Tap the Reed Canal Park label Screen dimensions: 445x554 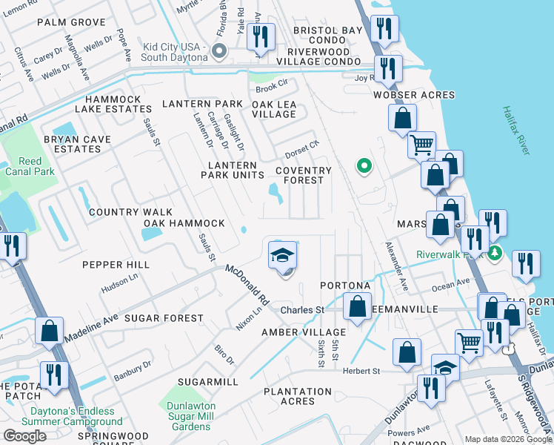click(x=30, y=166)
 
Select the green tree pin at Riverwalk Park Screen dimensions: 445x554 click(x=495, y=254)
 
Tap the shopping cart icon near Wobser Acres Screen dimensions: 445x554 click(x=421, y=145)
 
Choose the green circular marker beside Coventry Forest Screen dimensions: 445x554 click(x=363, y=166)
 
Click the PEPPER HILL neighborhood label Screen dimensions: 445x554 click(x=116, y=265)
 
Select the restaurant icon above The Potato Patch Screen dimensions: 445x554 click(x=55, y=375)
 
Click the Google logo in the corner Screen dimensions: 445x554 click(x=24, y=436)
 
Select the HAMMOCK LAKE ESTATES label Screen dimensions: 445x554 click(x=119, y=104)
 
